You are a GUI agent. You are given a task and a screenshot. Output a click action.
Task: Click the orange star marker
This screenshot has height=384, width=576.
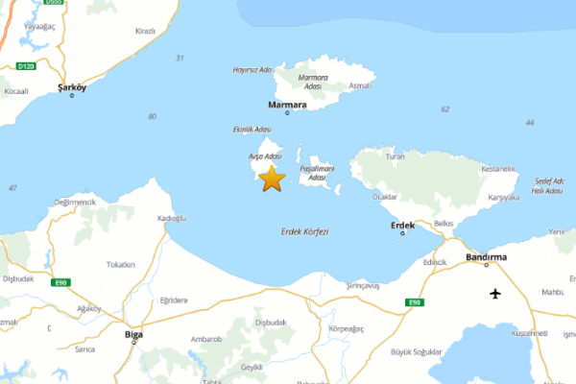[273, 179]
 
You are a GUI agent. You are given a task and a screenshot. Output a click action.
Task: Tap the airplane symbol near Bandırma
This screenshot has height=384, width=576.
[495, 293]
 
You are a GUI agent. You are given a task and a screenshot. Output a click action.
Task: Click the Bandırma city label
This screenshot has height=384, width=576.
[484, 258]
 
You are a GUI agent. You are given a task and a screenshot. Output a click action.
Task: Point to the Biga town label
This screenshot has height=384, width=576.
[133, 334]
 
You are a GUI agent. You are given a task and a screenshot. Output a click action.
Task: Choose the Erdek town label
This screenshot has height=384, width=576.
[402, 226]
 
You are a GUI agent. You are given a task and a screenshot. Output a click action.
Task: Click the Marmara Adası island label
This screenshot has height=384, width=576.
[313, 81]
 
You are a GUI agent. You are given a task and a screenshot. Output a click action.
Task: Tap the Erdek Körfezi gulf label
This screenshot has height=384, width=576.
[304, 231]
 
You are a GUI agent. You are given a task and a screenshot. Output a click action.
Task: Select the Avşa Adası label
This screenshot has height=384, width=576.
[264, 156]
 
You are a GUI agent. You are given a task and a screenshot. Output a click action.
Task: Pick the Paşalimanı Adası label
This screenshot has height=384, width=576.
[317, 173]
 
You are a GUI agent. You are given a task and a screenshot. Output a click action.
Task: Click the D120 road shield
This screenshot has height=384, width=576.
[26, 66]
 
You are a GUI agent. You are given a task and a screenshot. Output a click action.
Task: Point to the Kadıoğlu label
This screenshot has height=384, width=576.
[171, 218]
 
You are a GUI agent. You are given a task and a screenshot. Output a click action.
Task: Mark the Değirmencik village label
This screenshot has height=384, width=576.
[76, 202]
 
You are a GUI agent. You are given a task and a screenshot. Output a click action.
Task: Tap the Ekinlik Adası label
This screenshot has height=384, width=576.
[252, 129]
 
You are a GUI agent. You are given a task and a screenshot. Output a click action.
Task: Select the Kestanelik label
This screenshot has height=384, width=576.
[498, 169]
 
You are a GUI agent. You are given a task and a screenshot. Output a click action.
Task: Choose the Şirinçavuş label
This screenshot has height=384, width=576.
[363, 285]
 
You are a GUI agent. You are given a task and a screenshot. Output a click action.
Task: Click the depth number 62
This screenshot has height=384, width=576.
[444, 108]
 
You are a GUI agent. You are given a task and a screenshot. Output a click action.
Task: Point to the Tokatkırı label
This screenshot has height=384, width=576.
[121, 264]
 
